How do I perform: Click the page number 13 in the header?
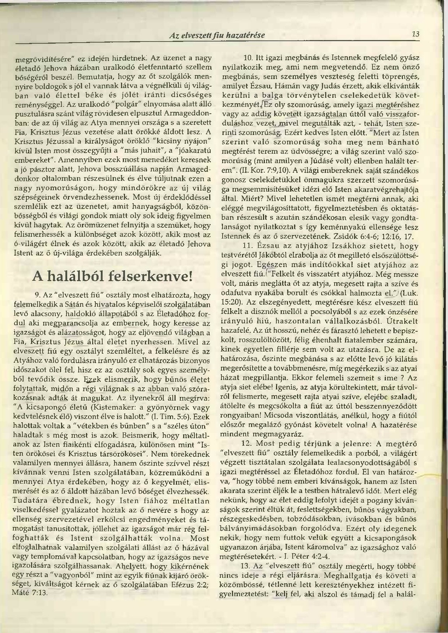tap(415, 35)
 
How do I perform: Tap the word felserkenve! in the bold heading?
tap(149, 276)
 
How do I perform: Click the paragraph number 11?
tap(248, 247)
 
